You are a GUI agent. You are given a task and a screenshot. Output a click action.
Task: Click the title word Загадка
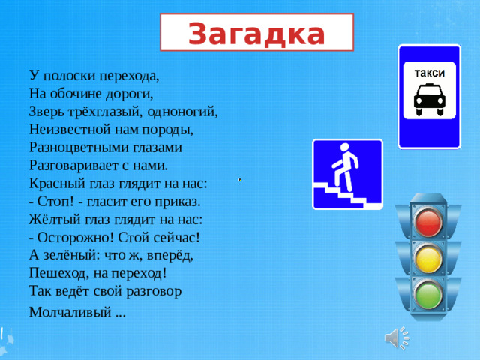pos(256,34)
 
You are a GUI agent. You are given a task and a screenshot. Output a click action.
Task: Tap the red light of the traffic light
pos(429,221)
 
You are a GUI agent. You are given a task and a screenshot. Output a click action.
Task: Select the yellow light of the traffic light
pos(429,259)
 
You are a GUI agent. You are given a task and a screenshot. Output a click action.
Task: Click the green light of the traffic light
pos(429,295)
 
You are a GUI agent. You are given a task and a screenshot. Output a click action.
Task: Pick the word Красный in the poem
pos(55,184)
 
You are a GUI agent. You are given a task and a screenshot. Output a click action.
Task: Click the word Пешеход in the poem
pos(60,274)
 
